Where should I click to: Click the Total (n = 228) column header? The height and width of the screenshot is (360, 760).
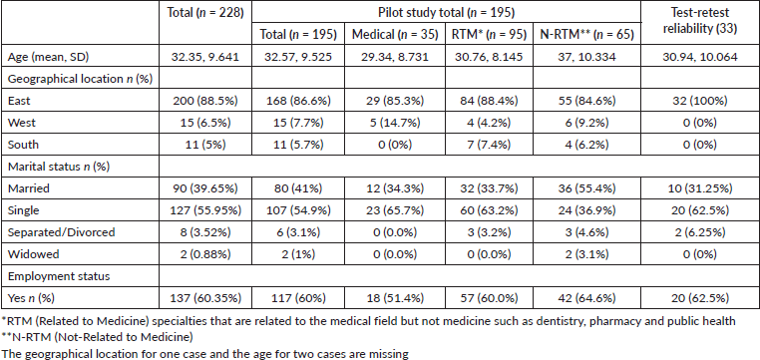pyautogui.click(x=205, y=13)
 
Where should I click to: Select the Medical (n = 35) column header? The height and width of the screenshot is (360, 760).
pyautogui.click(x=395, y=34)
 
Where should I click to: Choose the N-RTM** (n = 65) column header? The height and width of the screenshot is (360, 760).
pyautogui.click(x=587, y=34)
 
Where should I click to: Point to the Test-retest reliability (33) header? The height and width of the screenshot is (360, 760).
pyautogui.click(x=701, y=21)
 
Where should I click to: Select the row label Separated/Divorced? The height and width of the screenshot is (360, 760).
pyautogui.click(x=62, y=232)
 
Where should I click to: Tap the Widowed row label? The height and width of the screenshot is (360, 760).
pyautogui.click(x=29, y=254)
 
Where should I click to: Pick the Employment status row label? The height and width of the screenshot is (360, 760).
pyautogui.click(x=59, y=275)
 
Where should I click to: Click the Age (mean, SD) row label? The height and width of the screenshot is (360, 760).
pyautogui.click(x=49, y=58)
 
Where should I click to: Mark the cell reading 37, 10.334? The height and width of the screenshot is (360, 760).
pyautogui.click(x=587, y=58)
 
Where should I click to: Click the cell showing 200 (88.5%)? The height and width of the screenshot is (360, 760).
pyautogui.click(x=205, y=102)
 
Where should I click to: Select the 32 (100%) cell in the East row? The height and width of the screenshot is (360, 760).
pyautogui.click(x=700, y=102)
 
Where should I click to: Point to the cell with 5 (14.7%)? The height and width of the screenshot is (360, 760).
pyautogui.click(x=395, y=123)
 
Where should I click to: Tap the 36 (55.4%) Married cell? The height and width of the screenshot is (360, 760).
pyautogui.click(x=587, y=188)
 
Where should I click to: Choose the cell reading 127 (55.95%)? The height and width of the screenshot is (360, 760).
pyautogui.click(x=205, y=210)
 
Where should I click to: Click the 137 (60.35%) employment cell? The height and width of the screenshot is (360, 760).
pyautogui.click(x=205, y=297)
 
